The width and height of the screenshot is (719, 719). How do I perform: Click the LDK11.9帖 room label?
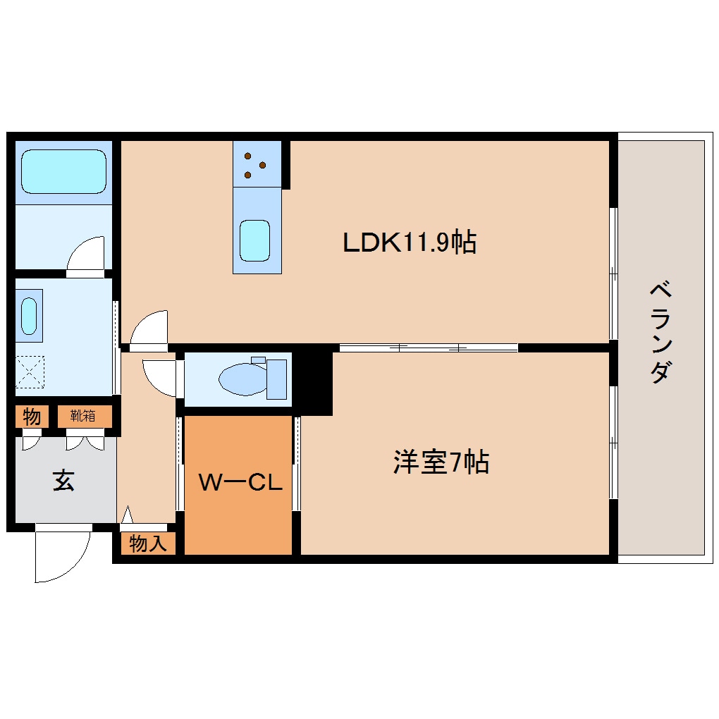409,242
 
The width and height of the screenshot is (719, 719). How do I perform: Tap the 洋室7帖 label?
441,462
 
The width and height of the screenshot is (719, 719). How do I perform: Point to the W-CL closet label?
240,483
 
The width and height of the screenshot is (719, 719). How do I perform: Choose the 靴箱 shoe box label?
82,416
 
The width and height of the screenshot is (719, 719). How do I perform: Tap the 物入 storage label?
148,543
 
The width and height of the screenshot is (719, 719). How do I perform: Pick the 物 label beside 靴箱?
31,417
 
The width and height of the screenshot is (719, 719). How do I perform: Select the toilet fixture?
252,379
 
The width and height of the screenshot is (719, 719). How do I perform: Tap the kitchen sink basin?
254,240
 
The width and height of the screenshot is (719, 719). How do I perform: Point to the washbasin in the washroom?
29,316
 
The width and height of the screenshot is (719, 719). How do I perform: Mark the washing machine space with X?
30,371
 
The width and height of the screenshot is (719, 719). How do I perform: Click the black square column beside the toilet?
313,381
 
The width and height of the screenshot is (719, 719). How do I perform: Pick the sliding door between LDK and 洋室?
429,348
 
